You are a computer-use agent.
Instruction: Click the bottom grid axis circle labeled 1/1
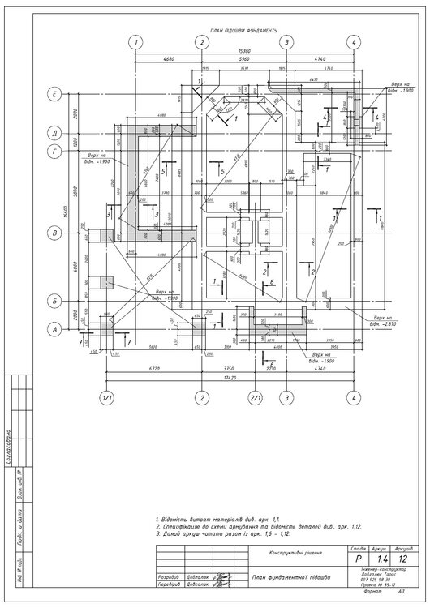[x=105, y=397]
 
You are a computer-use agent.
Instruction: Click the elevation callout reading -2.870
[x=381, y=321]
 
